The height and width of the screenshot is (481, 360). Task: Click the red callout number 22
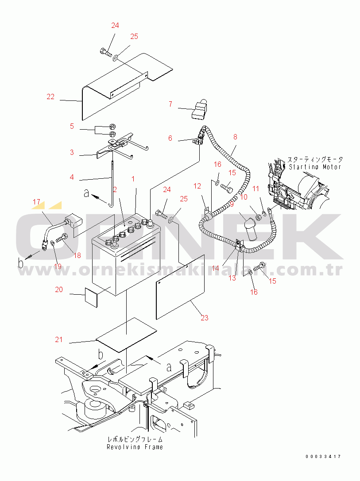coord(50,96)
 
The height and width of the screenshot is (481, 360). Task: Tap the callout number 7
coord(170,104)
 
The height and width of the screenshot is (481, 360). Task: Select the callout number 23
coord(205,318)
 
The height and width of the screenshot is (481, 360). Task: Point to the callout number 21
coord(58,339)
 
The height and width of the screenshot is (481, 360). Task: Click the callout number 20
coord(59,289)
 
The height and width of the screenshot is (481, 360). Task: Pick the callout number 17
coord(36,202)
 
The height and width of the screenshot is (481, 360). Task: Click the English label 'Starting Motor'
coord(315,167)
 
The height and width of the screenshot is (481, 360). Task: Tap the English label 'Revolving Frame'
coord(135,447)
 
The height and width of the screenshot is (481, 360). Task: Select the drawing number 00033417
coord(323,457)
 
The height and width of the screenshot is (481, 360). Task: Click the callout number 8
coord(235,137)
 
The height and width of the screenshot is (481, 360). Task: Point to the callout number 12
coord(197,186)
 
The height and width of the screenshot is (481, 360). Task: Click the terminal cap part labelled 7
coord(200,110)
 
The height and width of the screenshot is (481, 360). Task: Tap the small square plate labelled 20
coord(91,297)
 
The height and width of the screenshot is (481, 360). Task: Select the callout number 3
coord(72,152)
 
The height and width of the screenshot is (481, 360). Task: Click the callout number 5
coord(72,126)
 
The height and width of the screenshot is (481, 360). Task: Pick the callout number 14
coord(216,268)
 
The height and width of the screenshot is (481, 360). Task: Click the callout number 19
coord(58,266)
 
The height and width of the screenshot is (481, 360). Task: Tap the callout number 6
coord(170,138)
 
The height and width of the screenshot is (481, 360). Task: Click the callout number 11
coord(255,189)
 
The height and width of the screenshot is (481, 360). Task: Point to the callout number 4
coord(72,177)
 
